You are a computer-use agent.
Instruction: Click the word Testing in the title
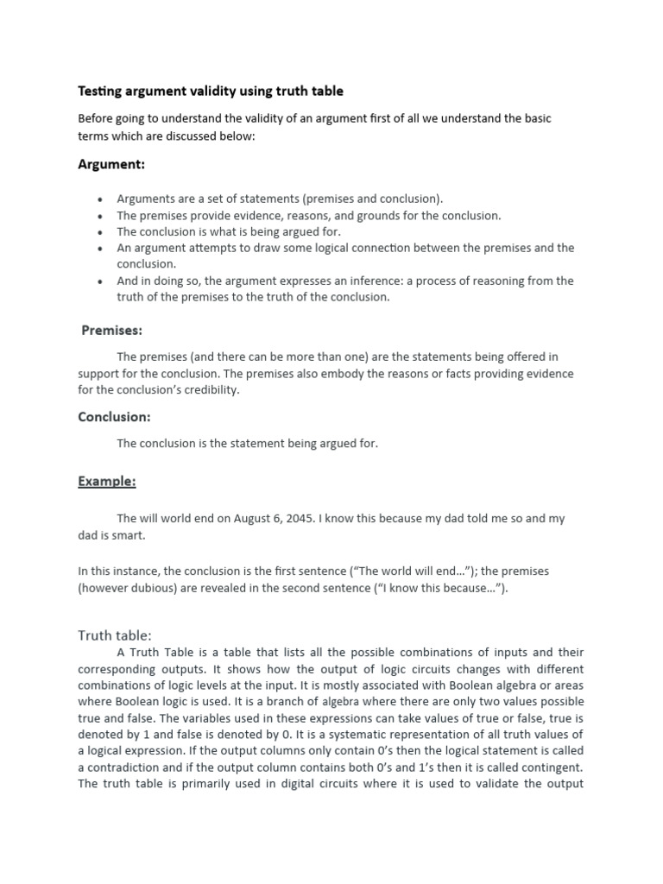pyautogui.click(x=100, y=91)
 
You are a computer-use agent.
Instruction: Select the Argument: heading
pyautogui.click(x=111, y=164)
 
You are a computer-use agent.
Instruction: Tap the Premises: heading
pyautogui.click(x=112, y=330)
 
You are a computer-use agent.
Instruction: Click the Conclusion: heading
pyautogui.click(x=114, y=417)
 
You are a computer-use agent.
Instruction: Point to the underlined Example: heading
pyautogui.click(x=107, y=482)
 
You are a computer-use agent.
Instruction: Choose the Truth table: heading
pyautogui.click(x=115, y=635)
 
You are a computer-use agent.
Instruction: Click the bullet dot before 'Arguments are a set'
pyautogui.click(x=101, y=199)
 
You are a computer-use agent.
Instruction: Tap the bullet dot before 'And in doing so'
pyautogui.click(x=101, y=282)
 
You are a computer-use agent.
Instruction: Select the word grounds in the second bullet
pyautogui.click(x=369, y=216)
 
